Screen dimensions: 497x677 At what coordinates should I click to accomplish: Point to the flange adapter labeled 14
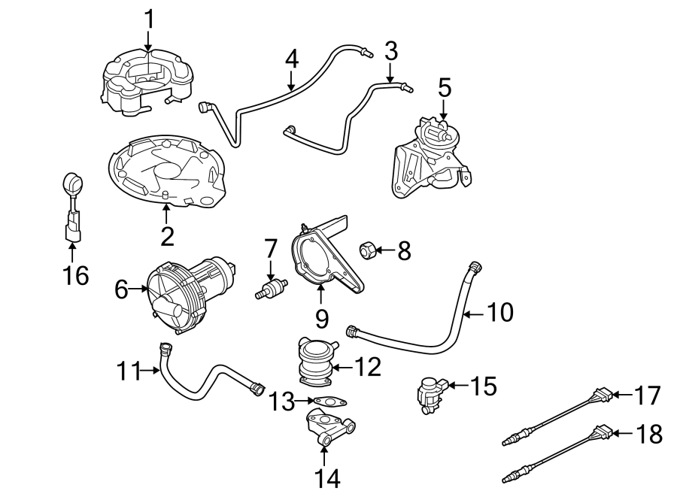[x=328, y=429]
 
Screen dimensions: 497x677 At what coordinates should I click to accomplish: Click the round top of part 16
[x=71, y=181]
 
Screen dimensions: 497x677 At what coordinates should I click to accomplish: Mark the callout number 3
[x=390, y=51]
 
